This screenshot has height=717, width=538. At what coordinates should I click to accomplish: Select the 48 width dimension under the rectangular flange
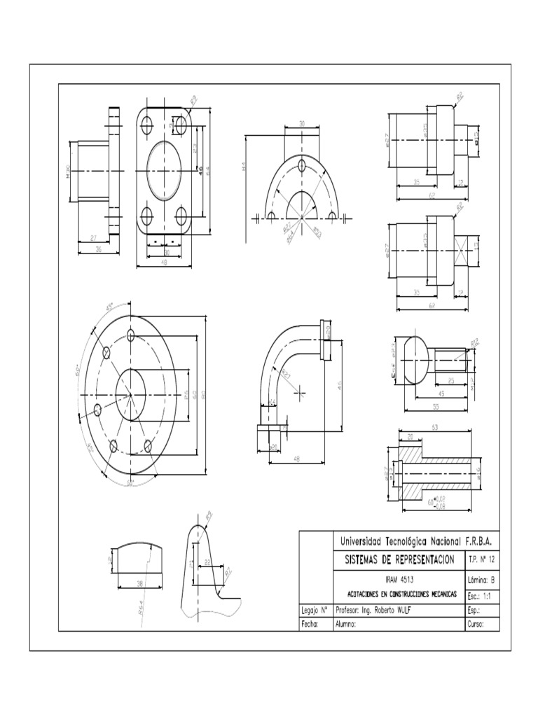click(164, 263)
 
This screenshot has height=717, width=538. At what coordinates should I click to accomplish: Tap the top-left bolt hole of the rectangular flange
click(147, 126)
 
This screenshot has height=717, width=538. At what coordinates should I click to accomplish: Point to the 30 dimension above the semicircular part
click(301, 123)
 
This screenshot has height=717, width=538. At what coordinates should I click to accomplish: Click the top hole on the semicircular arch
click(301, 165)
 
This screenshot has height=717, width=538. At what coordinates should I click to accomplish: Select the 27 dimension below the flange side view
click(94, 239)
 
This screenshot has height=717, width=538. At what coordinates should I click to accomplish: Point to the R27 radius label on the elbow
click(286, 374)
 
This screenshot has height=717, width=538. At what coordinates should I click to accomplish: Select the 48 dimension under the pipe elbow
click(297, 459)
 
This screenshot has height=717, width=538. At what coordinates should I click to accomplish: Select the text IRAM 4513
click(399, 580)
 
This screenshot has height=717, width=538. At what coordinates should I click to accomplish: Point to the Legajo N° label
click(313, 609)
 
